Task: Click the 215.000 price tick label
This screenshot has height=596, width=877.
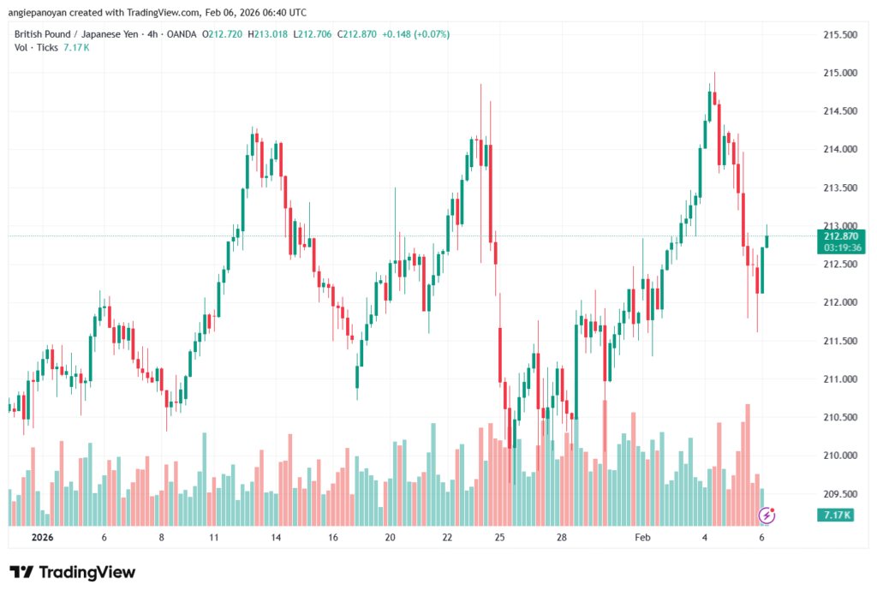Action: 839,73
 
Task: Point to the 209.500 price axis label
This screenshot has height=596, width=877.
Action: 839,494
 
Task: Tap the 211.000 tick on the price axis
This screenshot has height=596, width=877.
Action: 839,379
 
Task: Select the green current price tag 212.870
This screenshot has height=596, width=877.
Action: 841,235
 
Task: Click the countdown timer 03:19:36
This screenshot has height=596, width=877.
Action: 841,247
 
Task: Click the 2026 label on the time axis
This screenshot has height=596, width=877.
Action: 43,538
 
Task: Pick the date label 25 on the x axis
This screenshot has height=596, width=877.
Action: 500,538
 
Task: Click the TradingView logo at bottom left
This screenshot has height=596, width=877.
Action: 73,572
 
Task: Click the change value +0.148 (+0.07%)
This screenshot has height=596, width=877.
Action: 414,34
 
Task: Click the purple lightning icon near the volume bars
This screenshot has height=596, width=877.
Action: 767,515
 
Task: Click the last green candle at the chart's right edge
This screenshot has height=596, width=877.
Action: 767,241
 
